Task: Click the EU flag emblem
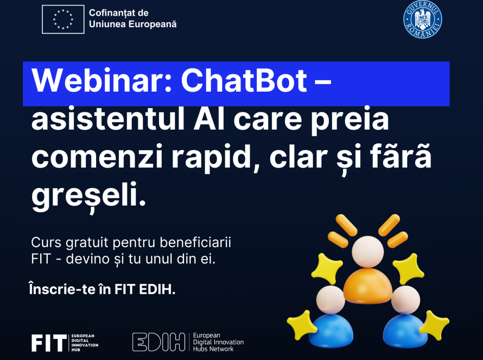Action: coord(63,19)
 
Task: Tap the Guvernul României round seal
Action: coord(423,19)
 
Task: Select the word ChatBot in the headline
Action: coord(244,81)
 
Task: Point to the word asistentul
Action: coord(108,119)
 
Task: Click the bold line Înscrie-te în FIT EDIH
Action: coord(102,288)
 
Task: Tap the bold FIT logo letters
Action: coord(49,343)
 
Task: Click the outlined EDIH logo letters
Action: coord(158,342)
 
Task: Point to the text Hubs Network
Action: coord(213,349)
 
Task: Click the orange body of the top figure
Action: coord(368,286)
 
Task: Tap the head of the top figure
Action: coord(368,252)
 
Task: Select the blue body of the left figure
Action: coord(331,331)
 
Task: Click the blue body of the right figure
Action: coord(405,331)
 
